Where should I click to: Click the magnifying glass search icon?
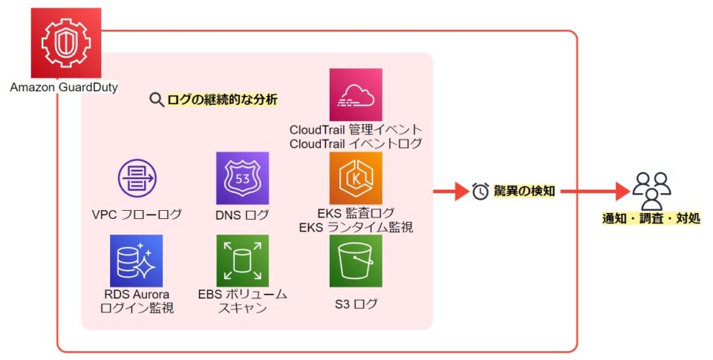point(157,99)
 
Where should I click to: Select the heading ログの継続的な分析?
point(223,99)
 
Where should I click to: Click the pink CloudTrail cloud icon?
point(356,95)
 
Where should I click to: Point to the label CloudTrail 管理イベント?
point(356,129)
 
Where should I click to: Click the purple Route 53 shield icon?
point(242,178)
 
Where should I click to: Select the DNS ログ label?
point(242,215)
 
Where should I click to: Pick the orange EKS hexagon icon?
point(356,178)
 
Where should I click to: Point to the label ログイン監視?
point(137,307)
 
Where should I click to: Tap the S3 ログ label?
point(356,304)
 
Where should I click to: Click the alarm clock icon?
point(481,191)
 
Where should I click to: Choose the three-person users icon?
point(651,189)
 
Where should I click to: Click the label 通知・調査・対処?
point(651,218)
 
